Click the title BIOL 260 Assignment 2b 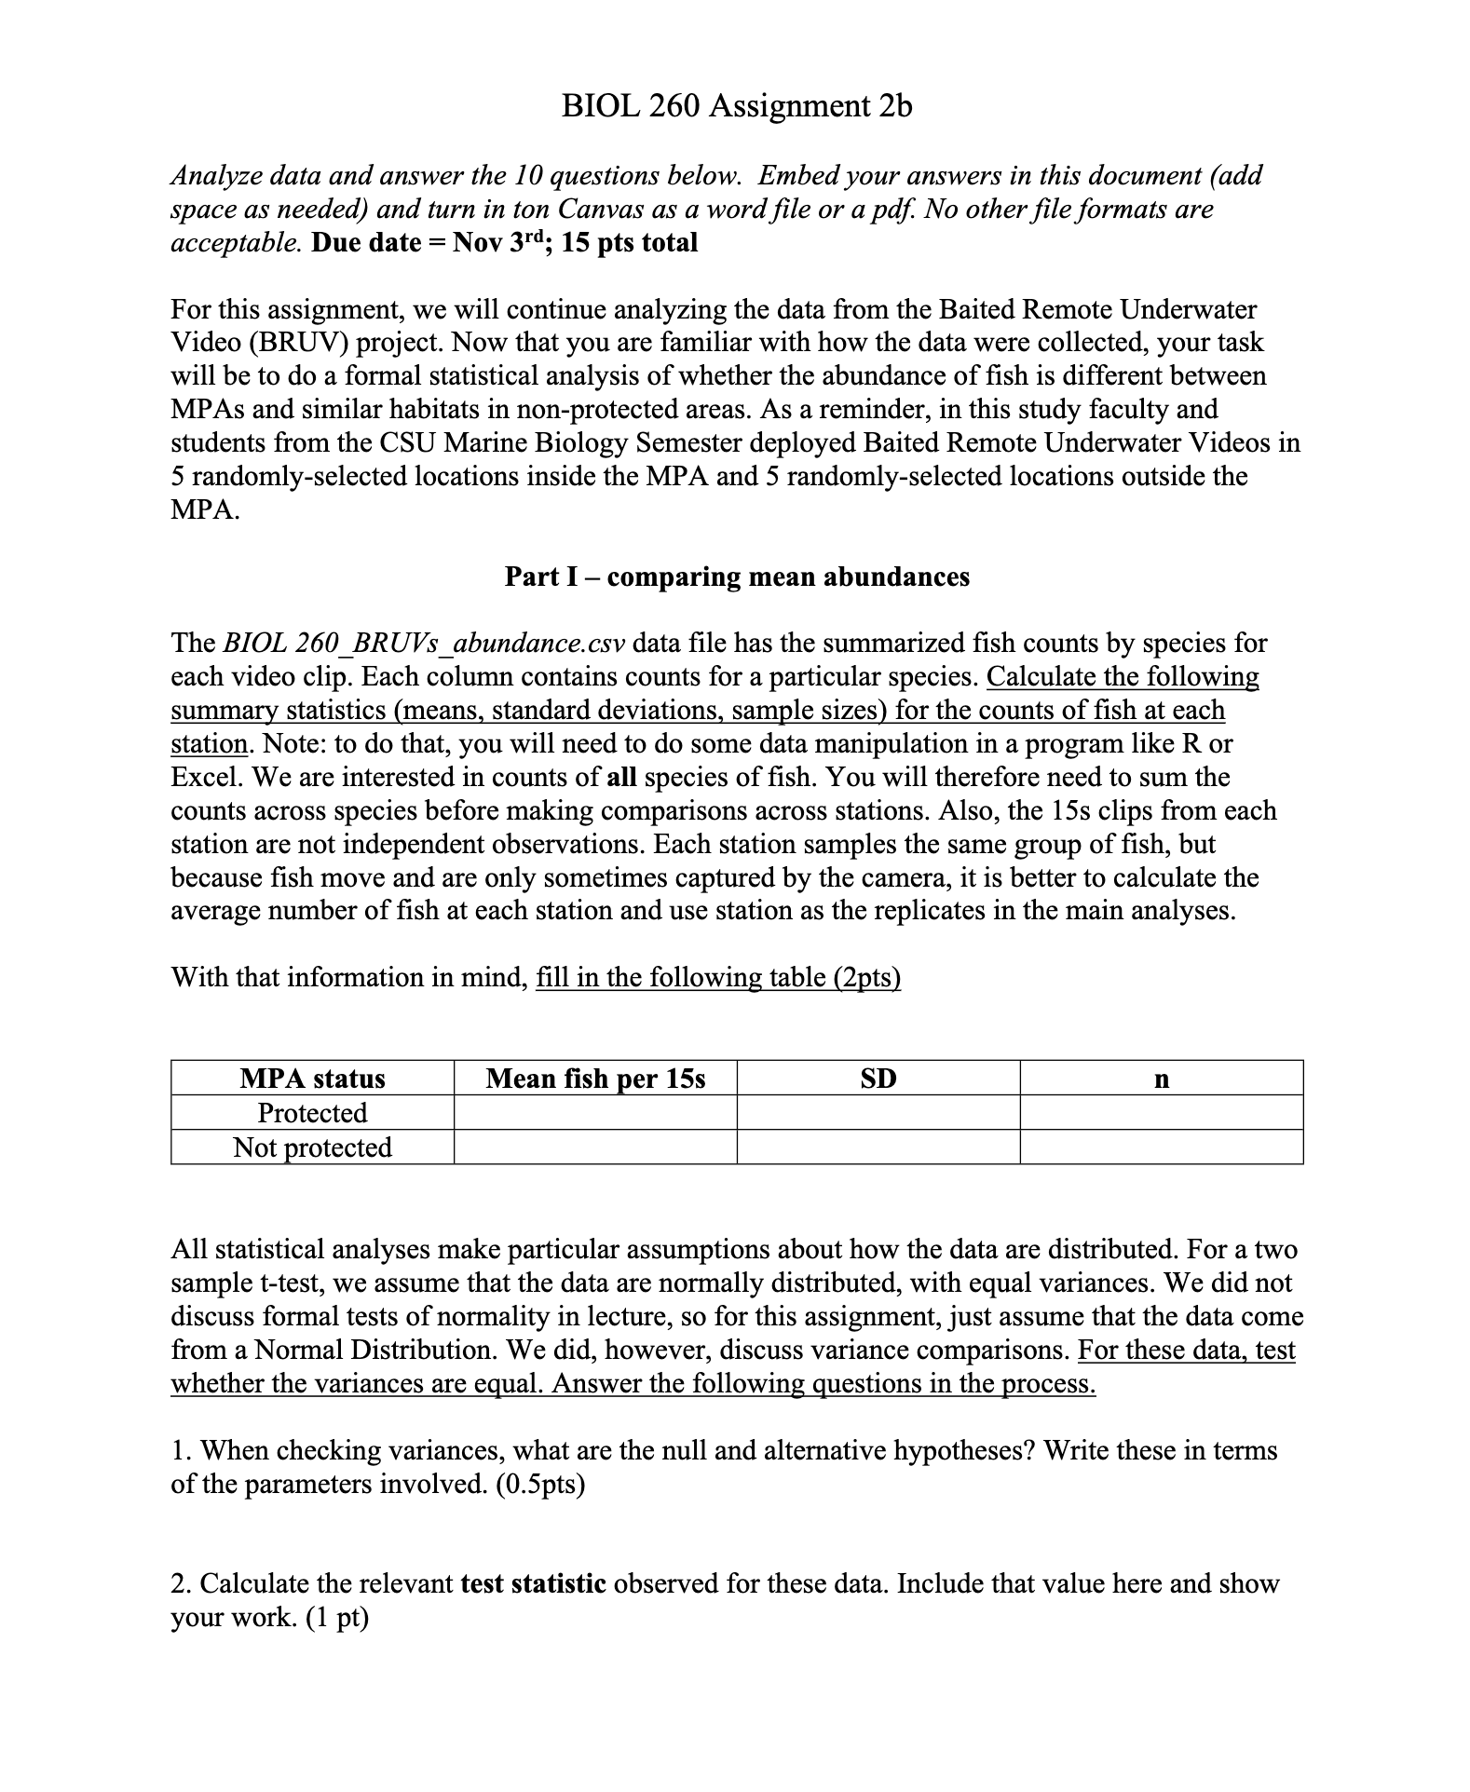coord(737,106)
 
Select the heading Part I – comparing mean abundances coord(737,577)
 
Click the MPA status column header coord(312,1079)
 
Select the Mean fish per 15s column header coord(595,1079)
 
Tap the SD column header coord(878,1079)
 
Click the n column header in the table coord(1161,1079)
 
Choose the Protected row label coord(312,1113)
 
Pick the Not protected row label coord(312,1147)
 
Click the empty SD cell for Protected coord(878,1113)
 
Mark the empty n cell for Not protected coord(1161,1147)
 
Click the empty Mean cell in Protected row coord(595,1113)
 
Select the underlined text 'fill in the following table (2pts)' coord(718,978)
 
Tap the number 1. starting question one coord(182,1451)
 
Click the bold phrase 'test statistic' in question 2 coord(534,1584)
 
